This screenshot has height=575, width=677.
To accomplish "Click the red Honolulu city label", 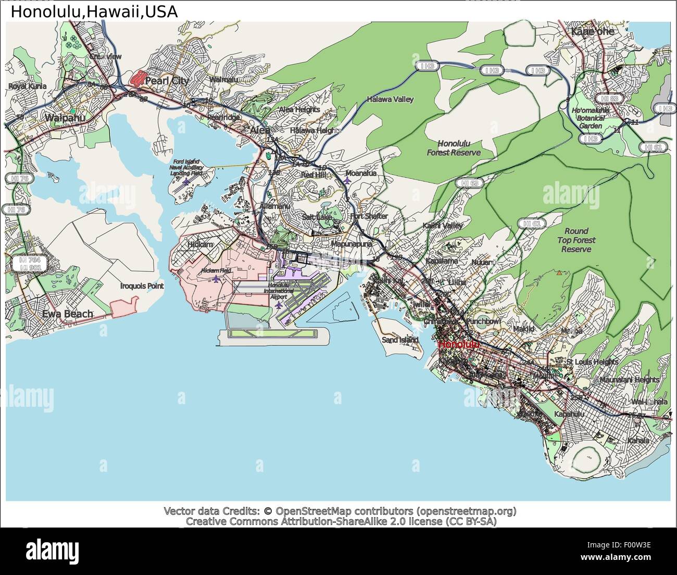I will click(x=458, y=344).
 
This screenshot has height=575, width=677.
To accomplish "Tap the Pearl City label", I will click(x=167, y=81).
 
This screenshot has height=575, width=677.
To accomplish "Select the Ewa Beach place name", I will click(x=68, y=314).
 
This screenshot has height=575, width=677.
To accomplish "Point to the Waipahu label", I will click(x=65, y=118).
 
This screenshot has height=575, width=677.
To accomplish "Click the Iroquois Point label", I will click(x=142, y=286).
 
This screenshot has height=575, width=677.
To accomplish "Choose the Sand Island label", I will click(x=400, y=340).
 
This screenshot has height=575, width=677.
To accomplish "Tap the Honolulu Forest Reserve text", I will click(x=454, y=148).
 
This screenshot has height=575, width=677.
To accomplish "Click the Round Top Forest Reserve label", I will click(x=576, y=240).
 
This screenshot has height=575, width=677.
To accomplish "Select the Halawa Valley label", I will click(x=390, y=99).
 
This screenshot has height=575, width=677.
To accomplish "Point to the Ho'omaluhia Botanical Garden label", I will click(x=590, y=118).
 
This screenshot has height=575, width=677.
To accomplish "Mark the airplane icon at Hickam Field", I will click(x=216, y=279).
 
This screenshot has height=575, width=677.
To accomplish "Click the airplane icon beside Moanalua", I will click(x=347, y=181).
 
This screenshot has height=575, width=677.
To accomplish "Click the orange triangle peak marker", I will click(x=559, y=272).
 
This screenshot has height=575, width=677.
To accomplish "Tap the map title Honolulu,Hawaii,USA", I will click(x=94, y=11).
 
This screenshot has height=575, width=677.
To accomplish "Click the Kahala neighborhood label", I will click(x=638, y=441).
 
